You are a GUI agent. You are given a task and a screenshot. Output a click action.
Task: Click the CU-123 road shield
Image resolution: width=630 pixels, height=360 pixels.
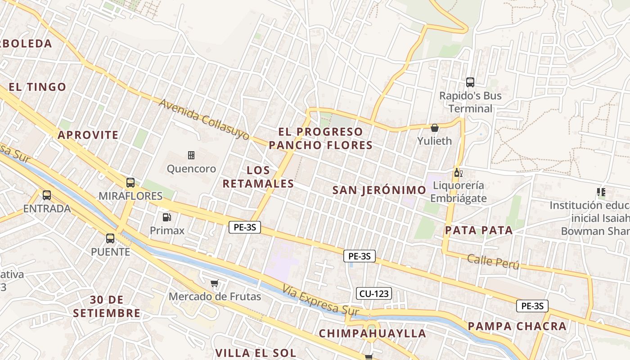(x=374, y=294)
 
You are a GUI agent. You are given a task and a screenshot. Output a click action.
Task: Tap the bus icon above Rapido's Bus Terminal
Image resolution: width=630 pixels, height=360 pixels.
(x=470, y=82)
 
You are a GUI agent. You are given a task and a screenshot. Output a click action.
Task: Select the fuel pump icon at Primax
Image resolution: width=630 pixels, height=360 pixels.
(x=166, y=217)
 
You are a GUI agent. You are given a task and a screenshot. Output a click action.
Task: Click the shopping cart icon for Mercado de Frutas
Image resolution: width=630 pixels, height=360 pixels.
(x=215, y=283)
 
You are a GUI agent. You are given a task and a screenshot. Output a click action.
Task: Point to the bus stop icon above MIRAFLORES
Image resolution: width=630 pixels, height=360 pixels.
(x=130, y=183)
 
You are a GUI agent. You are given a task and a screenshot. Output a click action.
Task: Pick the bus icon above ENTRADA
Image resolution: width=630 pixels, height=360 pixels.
(x=47, y=195)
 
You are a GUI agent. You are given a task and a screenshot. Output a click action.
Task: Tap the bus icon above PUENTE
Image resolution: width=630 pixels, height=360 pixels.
(x=110, y=238)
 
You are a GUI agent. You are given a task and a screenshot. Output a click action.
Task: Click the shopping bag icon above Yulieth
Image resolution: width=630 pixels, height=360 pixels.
(x=434, y=128)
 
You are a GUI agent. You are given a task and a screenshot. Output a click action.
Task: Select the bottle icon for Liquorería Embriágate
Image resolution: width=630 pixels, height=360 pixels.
(x=458, y=172)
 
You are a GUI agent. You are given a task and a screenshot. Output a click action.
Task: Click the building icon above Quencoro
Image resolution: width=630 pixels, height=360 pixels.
(x=191, y=155)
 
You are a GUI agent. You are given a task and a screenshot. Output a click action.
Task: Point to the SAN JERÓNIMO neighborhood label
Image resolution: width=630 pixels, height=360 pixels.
(x=379, y=190)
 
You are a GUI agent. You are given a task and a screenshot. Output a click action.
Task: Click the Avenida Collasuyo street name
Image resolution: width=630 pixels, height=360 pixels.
(x=204, y=119)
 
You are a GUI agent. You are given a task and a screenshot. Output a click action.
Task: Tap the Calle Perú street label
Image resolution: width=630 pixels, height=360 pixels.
(x=493, y=261)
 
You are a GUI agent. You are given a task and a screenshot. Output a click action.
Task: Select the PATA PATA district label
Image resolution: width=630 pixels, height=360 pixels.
(x=479, y=230)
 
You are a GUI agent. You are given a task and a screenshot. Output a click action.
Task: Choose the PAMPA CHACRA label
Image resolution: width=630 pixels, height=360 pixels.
(x=517, y=326)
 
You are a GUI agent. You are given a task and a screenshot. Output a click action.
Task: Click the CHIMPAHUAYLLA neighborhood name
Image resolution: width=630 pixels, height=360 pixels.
(x=373, y=333)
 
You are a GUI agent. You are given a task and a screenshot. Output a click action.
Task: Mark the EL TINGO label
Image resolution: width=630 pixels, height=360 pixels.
(x=37, y=87)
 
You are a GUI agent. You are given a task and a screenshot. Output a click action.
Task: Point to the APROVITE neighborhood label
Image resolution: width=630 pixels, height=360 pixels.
(x=88, y=135)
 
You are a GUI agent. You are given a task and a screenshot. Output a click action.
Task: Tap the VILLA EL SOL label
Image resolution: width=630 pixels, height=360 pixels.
(x=256, y=353)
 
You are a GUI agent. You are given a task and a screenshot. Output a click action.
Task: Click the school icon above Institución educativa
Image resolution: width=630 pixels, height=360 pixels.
(x=601, y=192)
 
